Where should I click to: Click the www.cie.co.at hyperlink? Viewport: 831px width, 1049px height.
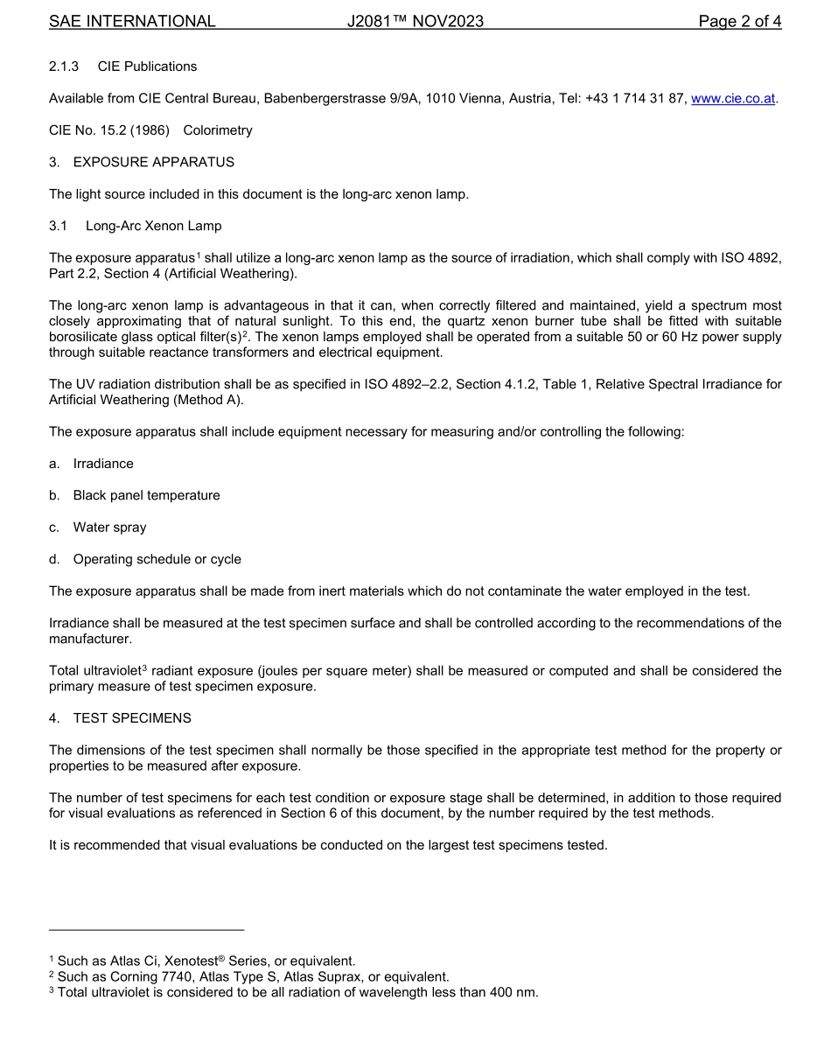click(733, 98)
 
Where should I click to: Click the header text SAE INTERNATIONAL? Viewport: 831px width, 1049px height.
click(132, 21)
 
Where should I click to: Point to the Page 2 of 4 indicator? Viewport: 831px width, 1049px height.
click(739, 21)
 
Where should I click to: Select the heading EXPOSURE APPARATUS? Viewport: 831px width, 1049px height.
click(153, 162)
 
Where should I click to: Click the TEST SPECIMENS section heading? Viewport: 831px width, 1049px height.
click(132, 718)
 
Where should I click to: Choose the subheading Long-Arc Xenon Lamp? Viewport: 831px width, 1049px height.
click(153, 226)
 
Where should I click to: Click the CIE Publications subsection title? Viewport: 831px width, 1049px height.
click(147, 66)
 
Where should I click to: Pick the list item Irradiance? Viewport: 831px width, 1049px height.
click(103, 464)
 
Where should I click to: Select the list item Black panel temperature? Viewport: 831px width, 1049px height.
click(146, 495)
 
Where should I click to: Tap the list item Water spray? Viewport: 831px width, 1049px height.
click(109, 528)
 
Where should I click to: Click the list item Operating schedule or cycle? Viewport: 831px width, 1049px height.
click(157, 559)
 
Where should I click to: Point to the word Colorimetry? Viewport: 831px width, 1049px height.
click(218, 130)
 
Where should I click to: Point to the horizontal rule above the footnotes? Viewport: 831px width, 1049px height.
click(146, 930)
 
